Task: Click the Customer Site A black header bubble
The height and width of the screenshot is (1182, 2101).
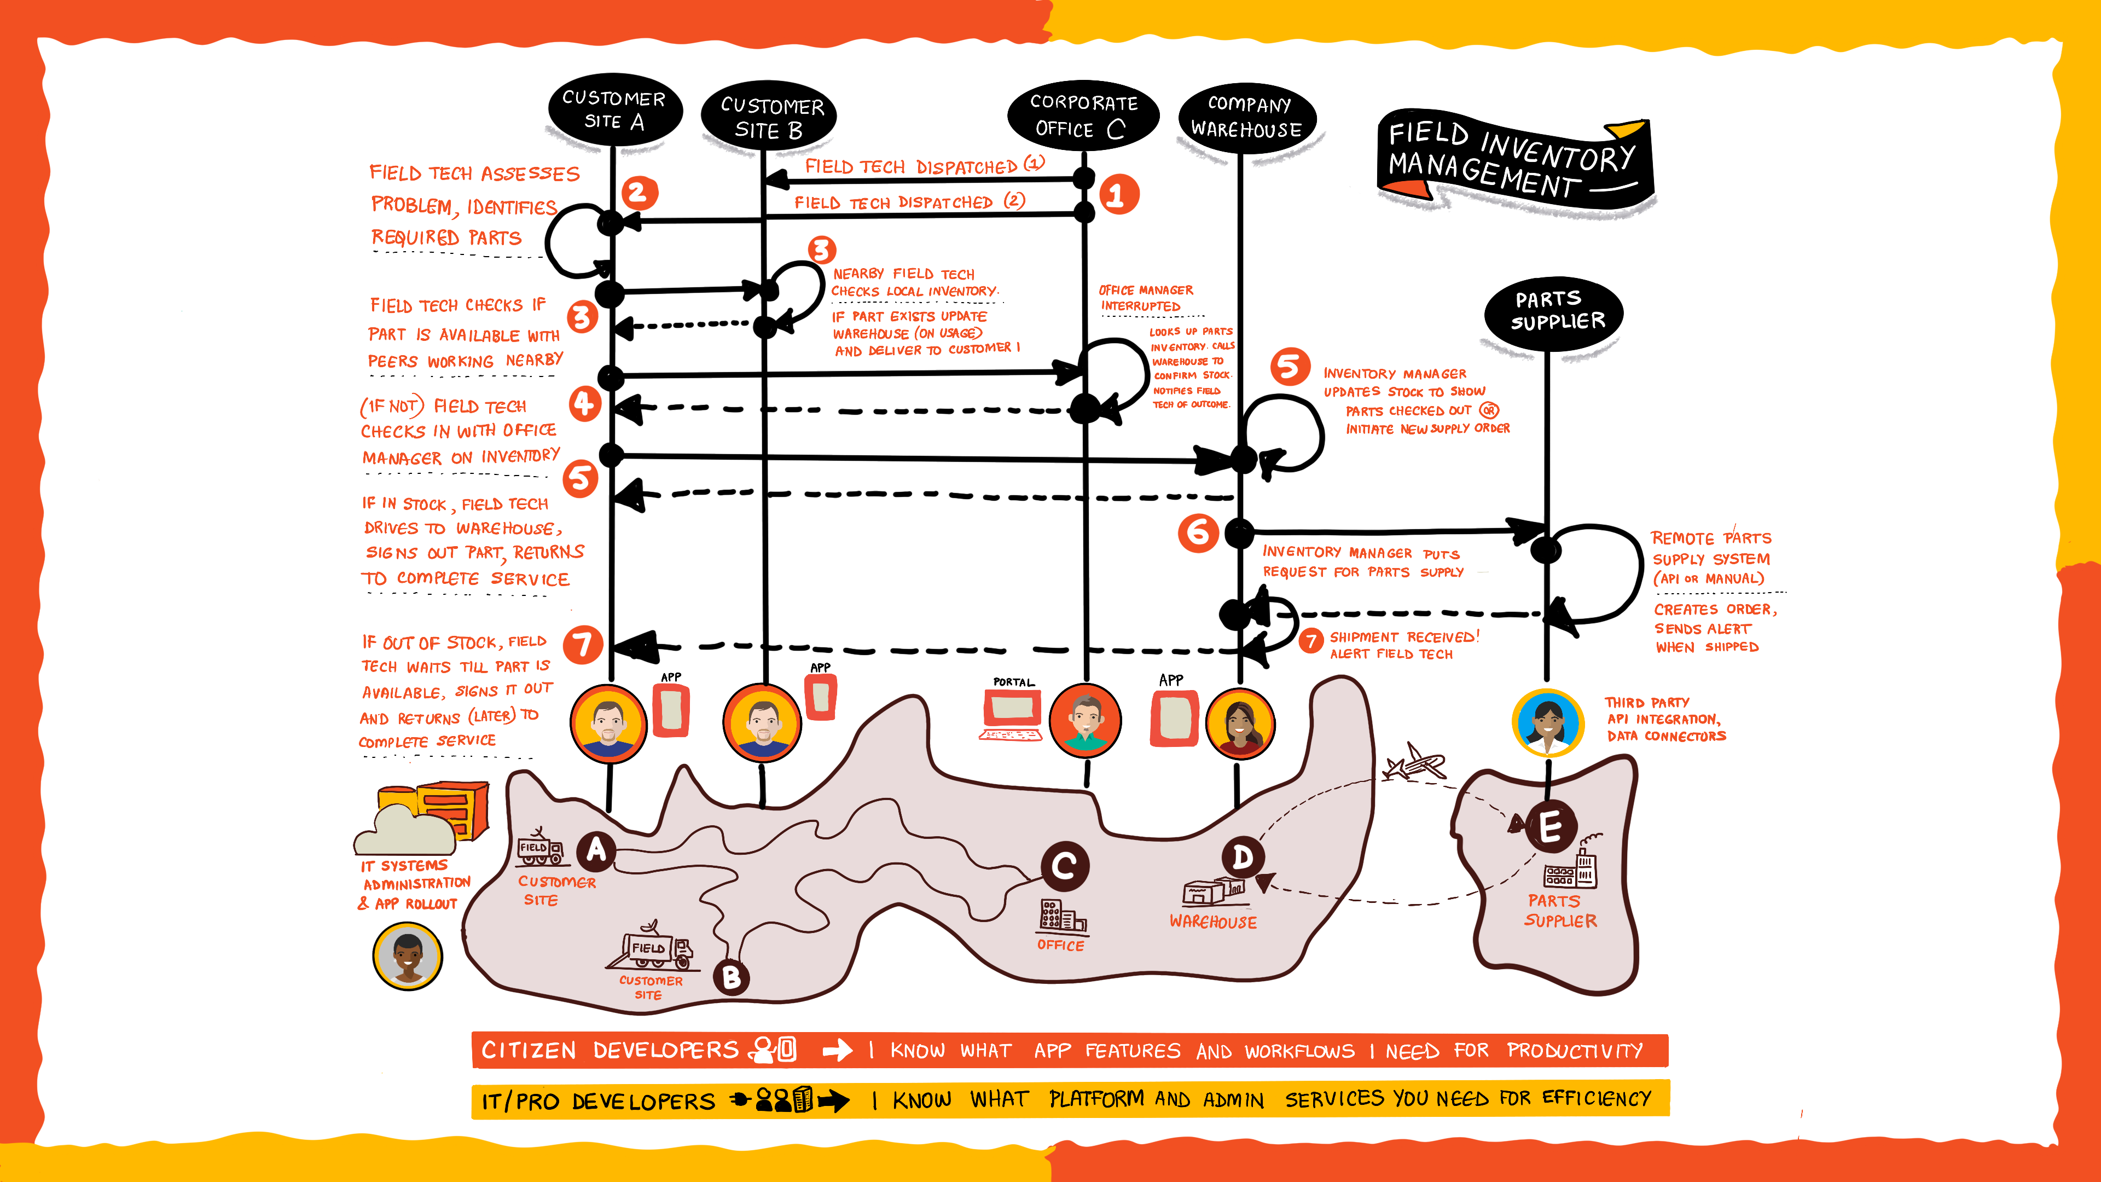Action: click(x=614, y=110)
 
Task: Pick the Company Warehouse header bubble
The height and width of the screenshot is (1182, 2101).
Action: click(x=1247, y=118)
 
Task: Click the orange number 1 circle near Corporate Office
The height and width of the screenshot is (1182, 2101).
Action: click(x=1118, y=195)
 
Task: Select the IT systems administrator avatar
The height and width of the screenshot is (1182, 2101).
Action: click(x=408, y=955)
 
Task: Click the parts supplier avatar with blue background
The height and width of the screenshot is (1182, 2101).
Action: click(x=1548, y=723)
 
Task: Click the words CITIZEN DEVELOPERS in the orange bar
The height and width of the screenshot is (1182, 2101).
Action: click(x=610, y=1050)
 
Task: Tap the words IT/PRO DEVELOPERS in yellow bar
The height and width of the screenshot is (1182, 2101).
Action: click(x=598, y=1101)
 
